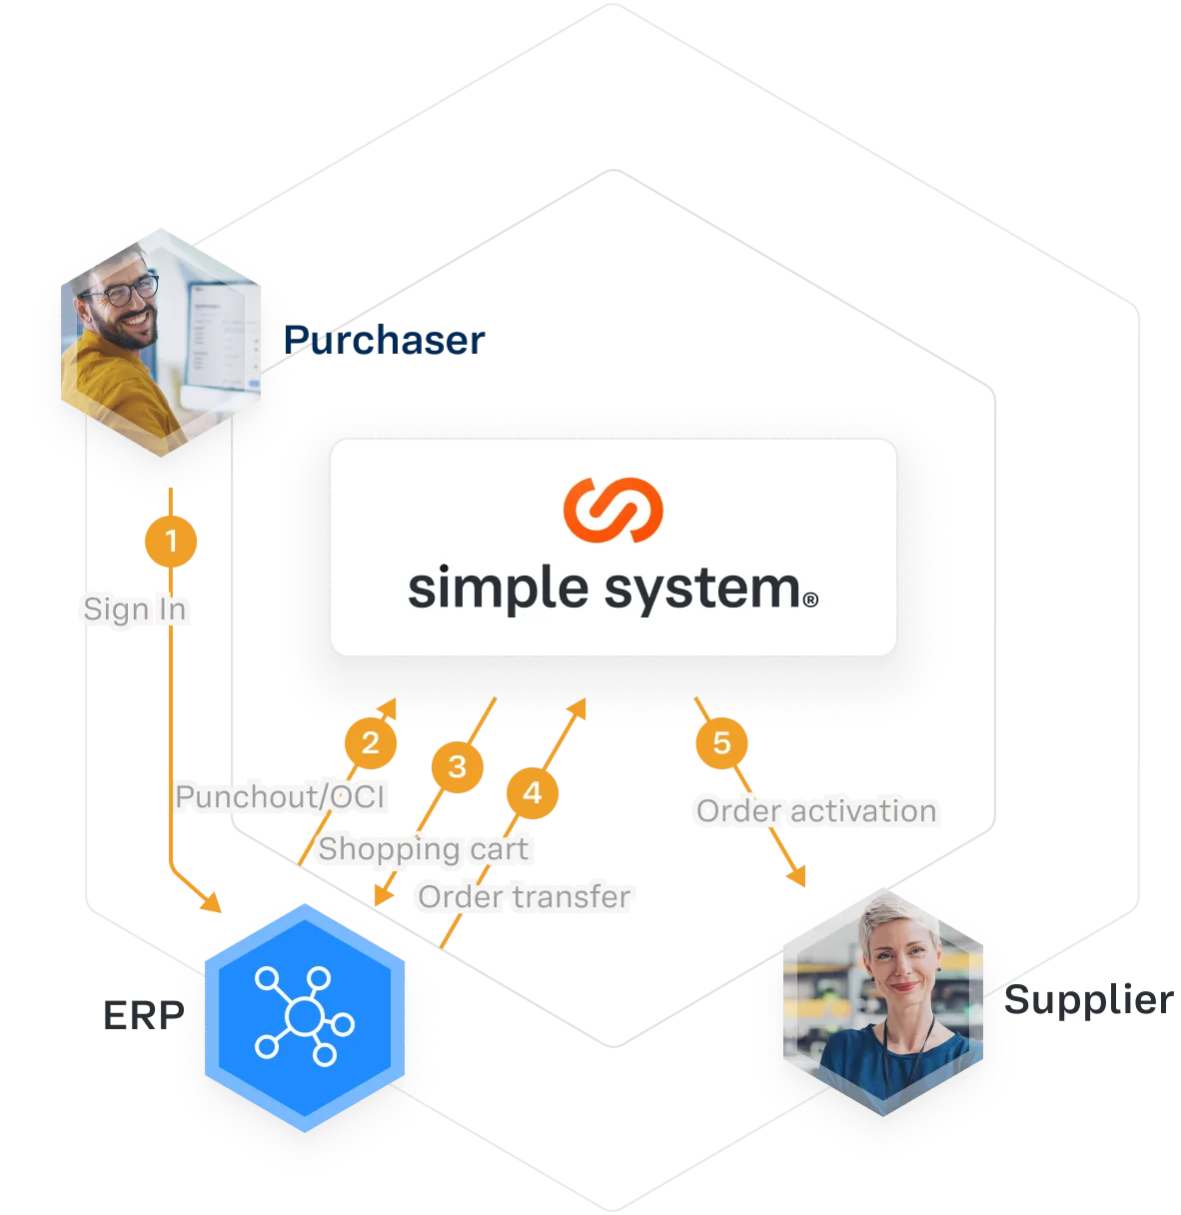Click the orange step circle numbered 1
171,542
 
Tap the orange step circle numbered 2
371,742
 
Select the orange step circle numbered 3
457,766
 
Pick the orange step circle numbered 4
532,793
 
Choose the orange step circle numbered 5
721,742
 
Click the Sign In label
134,608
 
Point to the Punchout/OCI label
280,796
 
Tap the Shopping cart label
423,849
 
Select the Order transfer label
525,896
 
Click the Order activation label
815,810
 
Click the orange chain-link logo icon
612,510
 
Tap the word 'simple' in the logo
501,589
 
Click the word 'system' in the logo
703,589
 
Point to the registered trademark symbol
810,600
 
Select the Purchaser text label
386,341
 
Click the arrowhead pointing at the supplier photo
799,879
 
